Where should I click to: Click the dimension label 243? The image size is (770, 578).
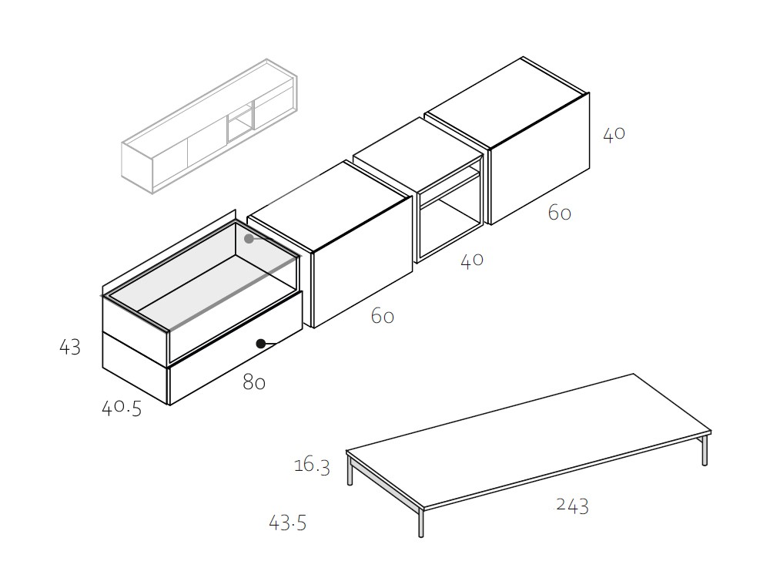572,506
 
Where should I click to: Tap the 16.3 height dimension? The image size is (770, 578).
312,465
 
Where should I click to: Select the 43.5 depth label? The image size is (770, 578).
288,523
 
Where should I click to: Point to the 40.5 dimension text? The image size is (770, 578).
122,408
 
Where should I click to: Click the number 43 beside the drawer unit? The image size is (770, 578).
70,348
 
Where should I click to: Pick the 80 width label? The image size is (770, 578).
254,382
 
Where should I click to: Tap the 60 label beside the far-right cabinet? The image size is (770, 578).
559,213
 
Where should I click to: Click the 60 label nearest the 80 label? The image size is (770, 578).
383,316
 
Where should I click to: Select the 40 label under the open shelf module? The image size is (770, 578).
472,260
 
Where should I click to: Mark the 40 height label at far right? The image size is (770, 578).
614,134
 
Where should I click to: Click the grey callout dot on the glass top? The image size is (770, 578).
249,239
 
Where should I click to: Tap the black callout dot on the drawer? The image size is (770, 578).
261,344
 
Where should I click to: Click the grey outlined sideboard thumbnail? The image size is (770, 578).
209,126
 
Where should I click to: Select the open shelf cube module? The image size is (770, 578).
418,190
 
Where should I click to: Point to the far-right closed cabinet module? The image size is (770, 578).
507,140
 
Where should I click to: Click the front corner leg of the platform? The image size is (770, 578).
421,523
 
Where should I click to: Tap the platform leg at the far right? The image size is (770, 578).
705,450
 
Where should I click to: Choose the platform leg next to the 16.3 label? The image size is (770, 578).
350,470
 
